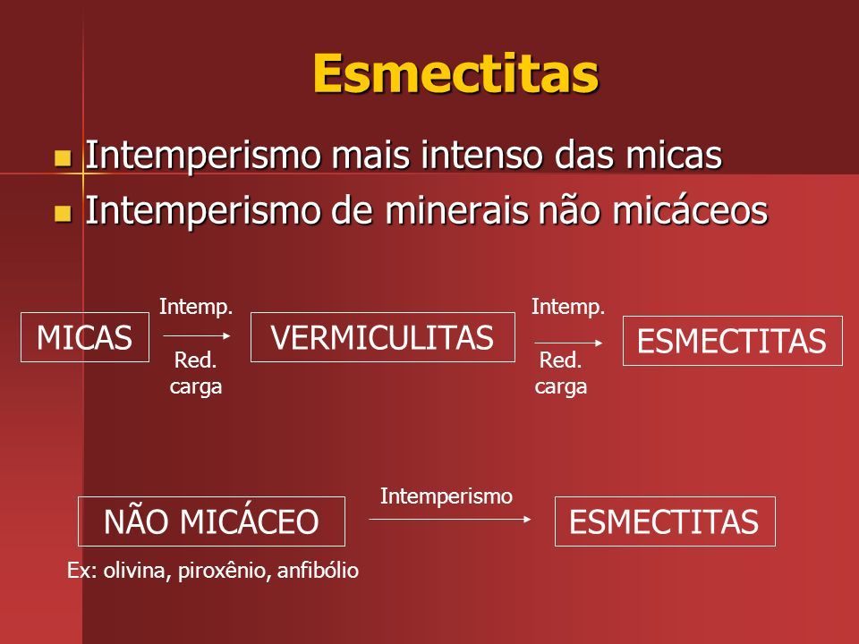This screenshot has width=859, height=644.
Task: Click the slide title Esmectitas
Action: [x=455, y=74]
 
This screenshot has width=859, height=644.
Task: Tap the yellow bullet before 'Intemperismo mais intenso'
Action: [x=63, y=157]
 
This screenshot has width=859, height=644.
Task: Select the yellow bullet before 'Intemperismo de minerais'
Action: [x=63, y=214]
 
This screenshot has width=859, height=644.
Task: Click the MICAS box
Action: [x=85, y=337]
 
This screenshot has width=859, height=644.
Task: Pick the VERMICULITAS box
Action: [x=382, y=337]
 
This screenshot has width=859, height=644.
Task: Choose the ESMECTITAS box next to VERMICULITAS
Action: [x=733, y=341]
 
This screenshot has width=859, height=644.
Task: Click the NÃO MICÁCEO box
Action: [x=211, y=521]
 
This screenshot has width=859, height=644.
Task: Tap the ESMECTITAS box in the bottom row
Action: [x=665, y=521]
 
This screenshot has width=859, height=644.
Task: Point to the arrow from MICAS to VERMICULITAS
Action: [x=197, y=335]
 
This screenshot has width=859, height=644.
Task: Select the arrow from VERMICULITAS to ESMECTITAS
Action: [x=569, y=343]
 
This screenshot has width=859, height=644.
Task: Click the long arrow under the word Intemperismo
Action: [x=450, y=519]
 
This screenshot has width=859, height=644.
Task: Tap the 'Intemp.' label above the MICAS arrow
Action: [x=196, y=307]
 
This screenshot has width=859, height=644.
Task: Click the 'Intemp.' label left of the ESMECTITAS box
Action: [x=568, y=307]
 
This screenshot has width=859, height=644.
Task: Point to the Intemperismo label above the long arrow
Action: [x=447, y=496]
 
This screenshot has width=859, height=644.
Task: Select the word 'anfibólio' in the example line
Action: [x=318, y=571]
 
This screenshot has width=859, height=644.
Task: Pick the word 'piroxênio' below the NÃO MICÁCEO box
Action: [x=225, y=572]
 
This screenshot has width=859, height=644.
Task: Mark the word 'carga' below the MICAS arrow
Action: [x=196, y=387]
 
